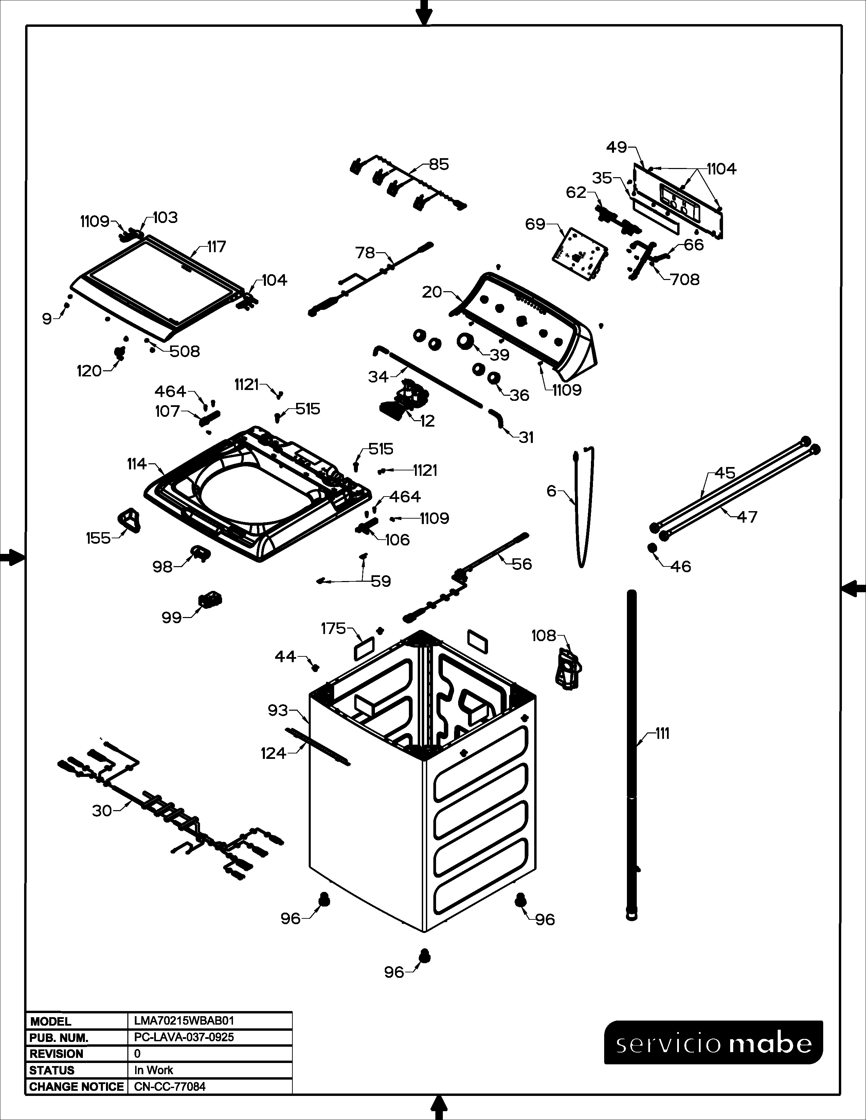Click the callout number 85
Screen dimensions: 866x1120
(x=439, y=164)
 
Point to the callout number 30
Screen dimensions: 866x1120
(x=102, y=811)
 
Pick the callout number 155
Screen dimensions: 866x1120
(x=98, y=538)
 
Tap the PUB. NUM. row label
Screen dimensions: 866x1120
(x=59, y=1038)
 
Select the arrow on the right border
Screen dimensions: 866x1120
(x=854, y=588)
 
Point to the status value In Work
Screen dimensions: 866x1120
(x=154, y=1070)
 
